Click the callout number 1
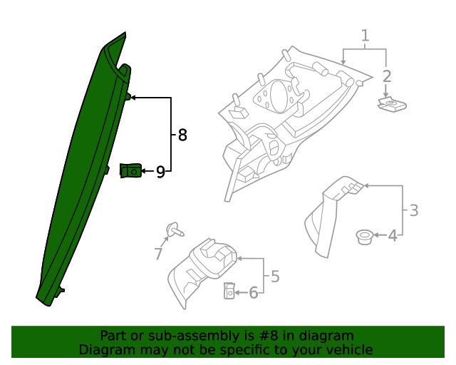pyautogui.click(x=365, y=35)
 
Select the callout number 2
pyautogui.click(x=387, y=76)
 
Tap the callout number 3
pyautogui.click(x=413, y=210)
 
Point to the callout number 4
pyautogui.click(x=393, y=235)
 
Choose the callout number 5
pyautogui.click(x=275, y=276)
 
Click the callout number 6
pyautogui.click(x=253, y=292)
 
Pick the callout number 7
pyautogui.click(x=159, y=253)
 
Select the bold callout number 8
pyautogui.click(x=182, y=135)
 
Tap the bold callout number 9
pyautogui.click(x=161, y=171)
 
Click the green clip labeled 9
pyautogui.click(x=131, y=170)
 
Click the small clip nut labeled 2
pyautogui.click(x=391, y=106)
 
